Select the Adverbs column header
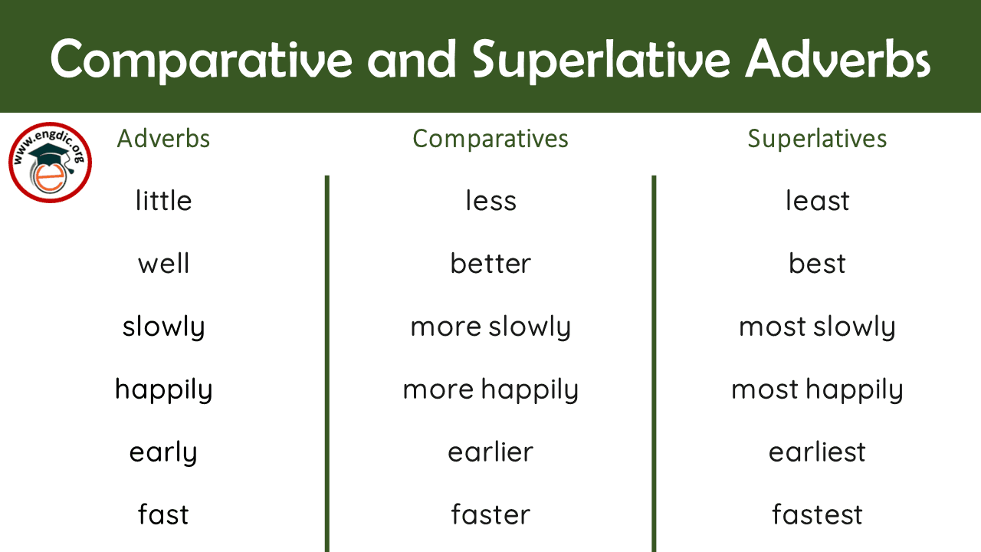coord(163,139)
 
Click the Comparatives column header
coord(490,139)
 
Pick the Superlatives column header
coord(817,139)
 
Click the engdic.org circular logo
coord(51,163)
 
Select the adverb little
coord(163,201)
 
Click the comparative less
coord(490,201)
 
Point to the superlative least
coord(817,201)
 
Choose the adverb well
coord(163,264)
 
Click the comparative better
coord(490,264)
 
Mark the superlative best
coord(817,264)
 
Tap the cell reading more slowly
coord(490,327)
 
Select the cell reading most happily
coord(817,390)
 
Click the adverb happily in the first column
coord(163,390)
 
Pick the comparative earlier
coord(490,452)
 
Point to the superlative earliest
coord(817,452)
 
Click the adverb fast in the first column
coord(163,514)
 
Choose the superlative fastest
coord(817,514)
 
